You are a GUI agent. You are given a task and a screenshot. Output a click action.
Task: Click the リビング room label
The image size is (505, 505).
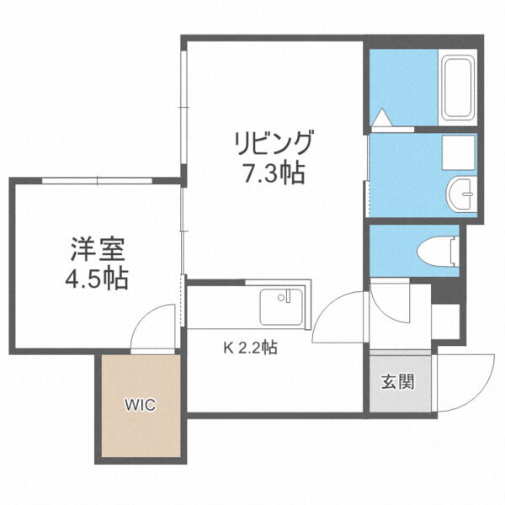click(x=274, y=143)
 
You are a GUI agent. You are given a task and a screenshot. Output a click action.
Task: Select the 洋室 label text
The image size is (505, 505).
click(x=98, y=249)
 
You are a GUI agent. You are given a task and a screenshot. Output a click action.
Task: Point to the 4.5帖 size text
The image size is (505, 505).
click(x=97, y=278)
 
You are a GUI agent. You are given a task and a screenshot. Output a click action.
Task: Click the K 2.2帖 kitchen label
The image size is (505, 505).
click(x=251, y=348)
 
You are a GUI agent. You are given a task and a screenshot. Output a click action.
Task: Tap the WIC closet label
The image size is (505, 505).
click(x=141, y=405)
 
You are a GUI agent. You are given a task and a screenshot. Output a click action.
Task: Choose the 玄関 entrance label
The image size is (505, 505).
click(x=398, y=382)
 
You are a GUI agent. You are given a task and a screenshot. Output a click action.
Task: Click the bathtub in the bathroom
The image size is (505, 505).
click(x=457, y=88)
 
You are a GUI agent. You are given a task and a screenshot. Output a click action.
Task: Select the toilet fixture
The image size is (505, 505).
click(x=438, y=252)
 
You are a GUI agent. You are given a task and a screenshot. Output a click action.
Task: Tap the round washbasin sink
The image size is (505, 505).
click(x=461, y=194)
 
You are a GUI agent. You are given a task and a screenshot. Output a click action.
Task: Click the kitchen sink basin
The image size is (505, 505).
click(x=281, y=307)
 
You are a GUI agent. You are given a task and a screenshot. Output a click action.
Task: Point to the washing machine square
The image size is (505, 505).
click(x=459, y=152)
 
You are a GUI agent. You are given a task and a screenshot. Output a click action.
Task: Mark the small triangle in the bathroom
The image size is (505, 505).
click(x=382, y=117)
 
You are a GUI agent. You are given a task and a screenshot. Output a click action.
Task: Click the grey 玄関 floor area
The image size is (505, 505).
click(x=400, y=383)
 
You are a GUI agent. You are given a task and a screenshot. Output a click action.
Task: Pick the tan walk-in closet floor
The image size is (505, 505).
click(x=141, y=406)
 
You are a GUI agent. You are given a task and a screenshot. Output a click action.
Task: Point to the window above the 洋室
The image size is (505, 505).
click(x=97, y=180)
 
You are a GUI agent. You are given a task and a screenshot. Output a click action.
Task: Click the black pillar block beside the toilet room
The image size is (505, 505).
click(x=444, y=292)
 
